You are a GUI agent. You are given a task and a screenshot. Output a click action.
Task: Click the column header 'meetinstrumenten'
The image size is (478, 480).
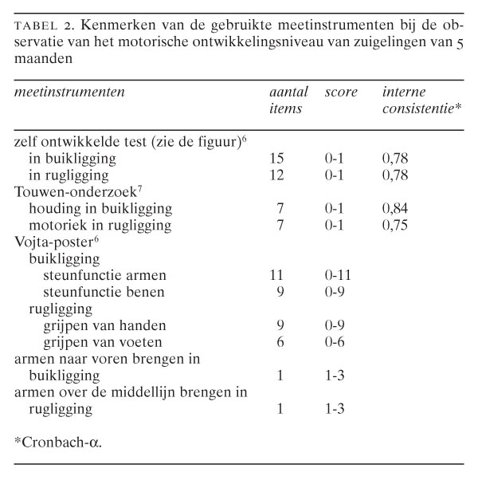click(69, 92)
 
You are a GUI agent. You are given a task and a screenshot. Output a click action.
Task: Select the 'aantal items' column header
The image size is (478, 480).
click(286, 100)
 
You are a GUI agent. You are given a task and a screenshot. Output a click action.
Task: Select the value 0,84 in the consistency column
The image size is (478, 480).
click(396, 209)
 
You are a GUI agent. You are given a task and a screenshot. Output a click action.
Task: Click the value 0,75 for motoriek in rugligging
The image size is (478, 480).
click(396, 225)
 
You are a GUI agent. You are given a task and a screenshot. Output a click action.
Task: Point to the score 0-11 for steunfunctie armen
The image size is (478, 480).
click(339, 276)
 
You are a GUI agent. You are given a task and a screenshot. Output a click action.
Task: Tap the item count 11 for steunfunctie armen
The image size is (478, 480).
click(278, 276)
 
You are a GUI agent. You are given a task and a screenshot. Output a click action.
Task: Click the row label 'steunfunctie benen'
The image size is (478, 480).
click(104, 293)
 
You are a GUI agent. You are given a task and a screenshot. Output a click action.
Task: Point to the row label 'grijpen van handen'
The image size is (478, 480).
click(104, 326)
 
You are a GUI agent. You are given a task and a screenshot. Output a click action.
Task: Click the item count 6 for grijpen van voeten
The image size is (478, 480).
click(278, 343)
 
